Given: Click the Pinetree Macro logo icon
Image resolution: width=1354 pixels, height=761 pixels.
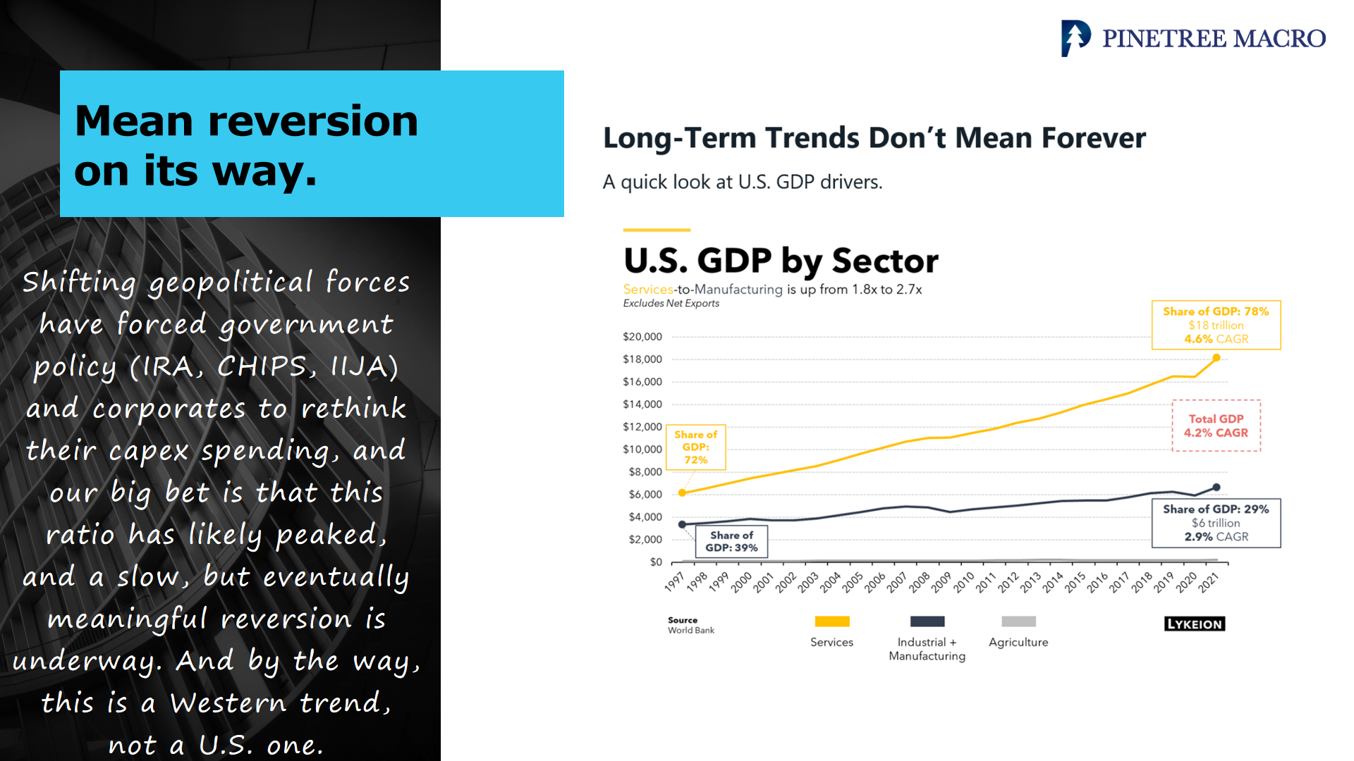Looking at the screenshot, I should [1075, 38].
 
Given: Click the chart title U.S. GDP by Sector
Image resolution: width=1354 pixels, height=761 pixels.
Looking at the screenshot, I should [781, 261].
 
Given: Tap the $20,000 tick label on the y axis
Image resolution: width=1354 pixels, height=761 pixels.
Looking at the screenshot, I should [642, 337].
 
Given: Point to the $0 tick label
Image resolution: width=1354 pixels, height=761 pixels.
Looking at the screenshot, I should [656, 562].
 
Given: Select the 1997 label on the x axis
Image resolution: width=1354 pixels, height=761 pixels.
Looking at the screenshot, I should [674, 582].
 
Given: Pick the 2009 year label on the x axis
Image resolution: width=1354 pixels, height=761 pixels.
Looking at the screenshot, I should [941, 582].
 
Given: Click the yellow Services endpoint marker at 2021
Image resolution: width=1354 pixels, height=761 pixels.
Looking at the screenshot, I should [1216, 358].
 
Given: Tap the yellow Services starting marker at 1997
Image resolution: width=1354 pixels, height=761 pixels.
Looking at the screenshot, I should [682, 493].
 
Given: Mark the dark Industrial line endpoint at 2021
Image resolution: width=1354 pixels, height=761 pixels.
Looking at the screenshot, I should [1216, 488].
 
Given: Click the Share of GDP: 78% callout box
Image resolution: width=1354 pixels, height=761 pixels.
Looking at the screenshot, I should [1216, 325].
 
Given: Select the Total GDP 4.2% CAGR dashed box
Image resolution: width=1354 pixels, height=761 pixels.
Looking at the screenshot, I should [1216, 426].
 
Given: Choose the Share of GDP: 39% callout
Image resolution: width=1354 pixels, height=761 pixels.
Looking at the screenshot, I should [731, 541].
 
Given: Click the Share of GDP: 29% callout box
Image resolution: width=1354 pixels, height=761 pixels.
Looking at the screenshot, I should [1216, 523].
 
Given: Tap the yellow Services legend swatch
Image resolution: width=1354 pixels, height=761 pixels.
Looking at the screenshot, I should [832, 621].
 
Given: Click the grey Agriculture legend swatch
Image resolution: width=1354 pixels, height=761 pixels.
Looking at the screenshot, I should [1018, 621].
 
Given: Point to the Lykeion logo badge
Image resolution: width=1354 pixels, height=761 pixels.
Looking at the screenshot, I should [1195, 624].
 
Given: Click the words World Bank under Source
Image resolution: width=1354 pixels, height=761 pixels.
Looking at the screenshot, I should [691, 631].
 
